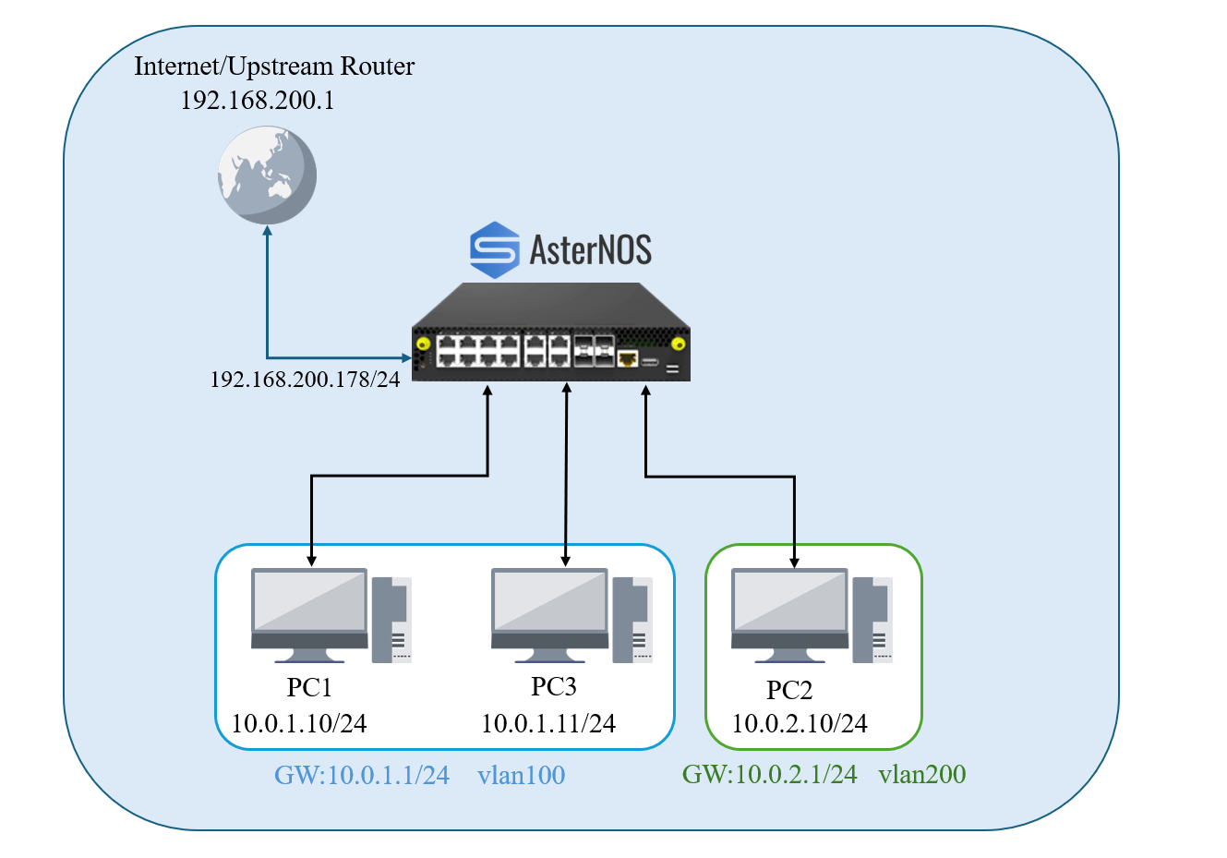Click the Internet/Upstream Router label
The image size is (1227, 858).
[x=274, y=66]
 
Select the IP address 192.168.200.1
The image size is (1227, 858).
[x=257, y=100]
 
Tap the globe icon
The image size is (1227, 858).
[x=267, y=175]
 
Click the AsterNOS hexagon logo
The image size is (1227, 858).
[x=494, y=249]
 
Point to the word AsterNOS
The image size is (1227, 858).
[x=590, y=249]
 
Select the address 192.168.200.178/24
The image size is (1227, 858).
[x=305, y=379]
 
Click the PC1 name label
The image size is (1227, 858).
[x=309, y=688]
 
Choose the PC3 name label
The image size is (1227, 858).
[x=553, y=687]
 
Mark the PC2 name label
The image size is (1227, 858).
[x=789, y=691]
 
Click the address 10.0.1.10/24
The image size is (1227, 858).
[x=298, y=723]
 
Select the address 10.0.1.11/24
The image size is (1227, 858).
[x=548, y=723]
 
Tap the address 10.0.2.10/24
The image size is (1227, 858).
[x=800, y=723]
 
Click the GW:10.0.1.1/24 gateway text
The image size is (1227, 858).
[x=362, y=775]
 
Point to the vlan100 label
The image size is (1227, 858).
[x=521, y=775]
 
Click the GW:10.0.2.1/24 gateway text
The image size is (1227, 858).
[x=769, y=774]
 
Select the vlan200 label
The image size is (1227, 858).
[x=921, y=774]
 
